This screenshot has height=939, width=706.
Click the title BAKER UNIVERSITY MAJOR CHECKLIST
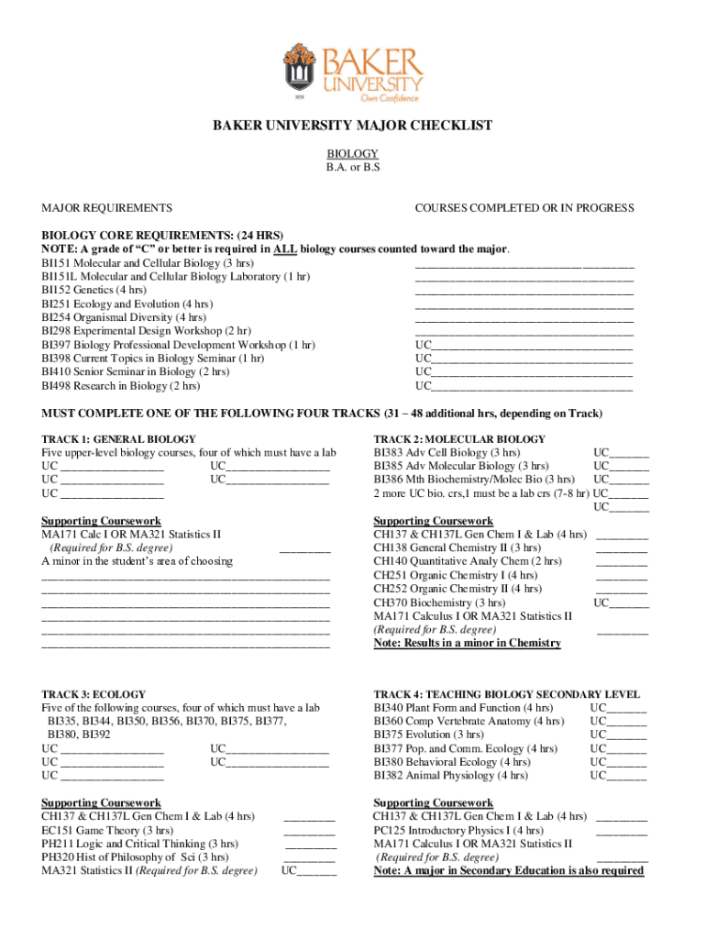[353, 126]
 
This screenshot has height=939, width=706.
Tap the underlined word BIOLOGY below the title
[353, 154]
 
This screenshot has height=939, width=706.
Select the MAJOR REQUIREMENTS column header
[106, 208]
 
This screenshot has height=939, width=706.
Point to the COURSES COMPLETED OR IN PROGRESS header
[524, 208]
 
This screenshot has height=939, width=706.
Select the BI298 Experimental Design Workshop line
[146, 331]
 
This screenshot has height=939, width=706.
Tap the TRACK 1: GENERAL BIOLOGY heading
[118, 439]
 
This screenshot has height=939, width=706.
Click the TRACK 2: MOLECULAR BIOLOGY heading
[459, 439]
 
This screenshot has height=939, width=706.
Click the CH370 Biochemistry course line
[439, 602]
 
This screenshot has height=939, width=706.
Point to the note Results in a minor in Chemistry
[467, 643]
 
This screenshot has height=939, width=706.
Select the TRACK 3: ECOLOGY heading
[94, 694]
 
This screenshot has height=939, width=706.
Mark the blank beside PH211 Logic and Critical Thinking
[309, 844]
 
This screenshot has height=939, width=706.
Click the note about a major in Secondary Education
[508, 870]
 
